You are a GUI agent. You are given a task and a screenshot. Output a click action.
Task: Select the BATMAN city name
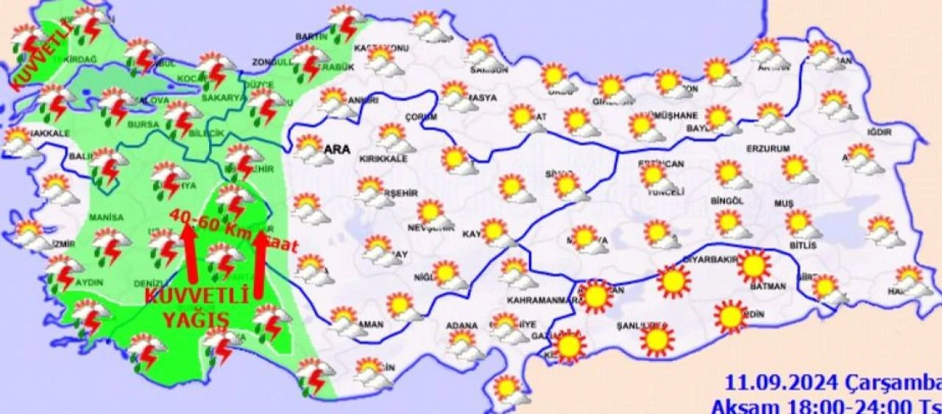(x=768, y=286)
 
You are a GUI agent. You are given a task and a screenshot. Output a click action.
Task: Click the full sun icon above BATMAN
(x=754, y=266)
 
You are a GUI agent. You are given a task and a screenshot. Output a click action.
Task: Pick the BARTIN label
(x=311, y=36)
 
